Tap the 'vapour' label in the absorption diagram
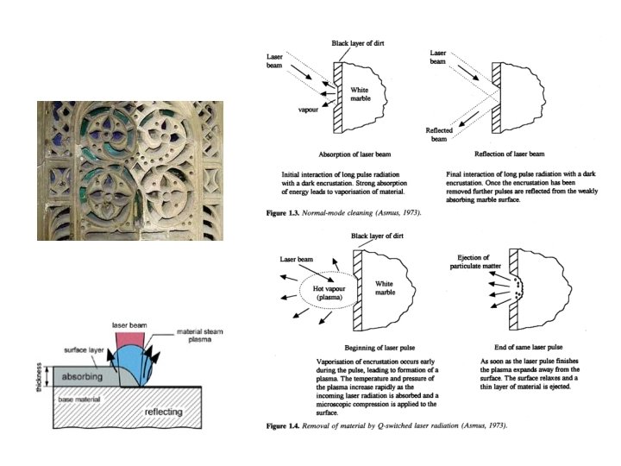[x=309, y=110]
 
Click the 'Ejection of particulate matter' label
[x=474, y=263]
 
